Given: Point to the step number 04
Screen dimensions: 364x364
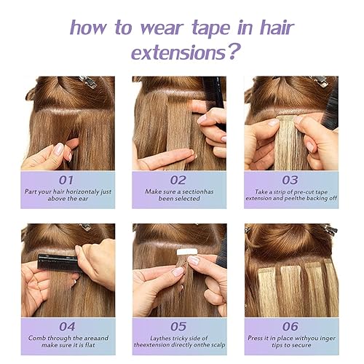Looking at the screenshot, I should point(67,326).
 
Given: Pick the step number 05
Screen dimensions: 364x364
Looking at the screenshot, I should point(179,326).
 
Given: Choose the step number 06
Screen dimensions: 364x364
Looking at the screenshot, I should point(290,326).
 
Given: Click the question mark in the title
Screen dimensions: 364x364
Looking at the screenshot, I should point(234,52).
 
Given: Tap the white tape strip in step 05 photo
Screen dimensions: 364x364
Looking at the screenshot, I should point(189,252).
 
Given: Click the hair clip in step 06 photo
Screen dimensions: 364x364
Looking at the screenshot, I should point(328,230).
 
